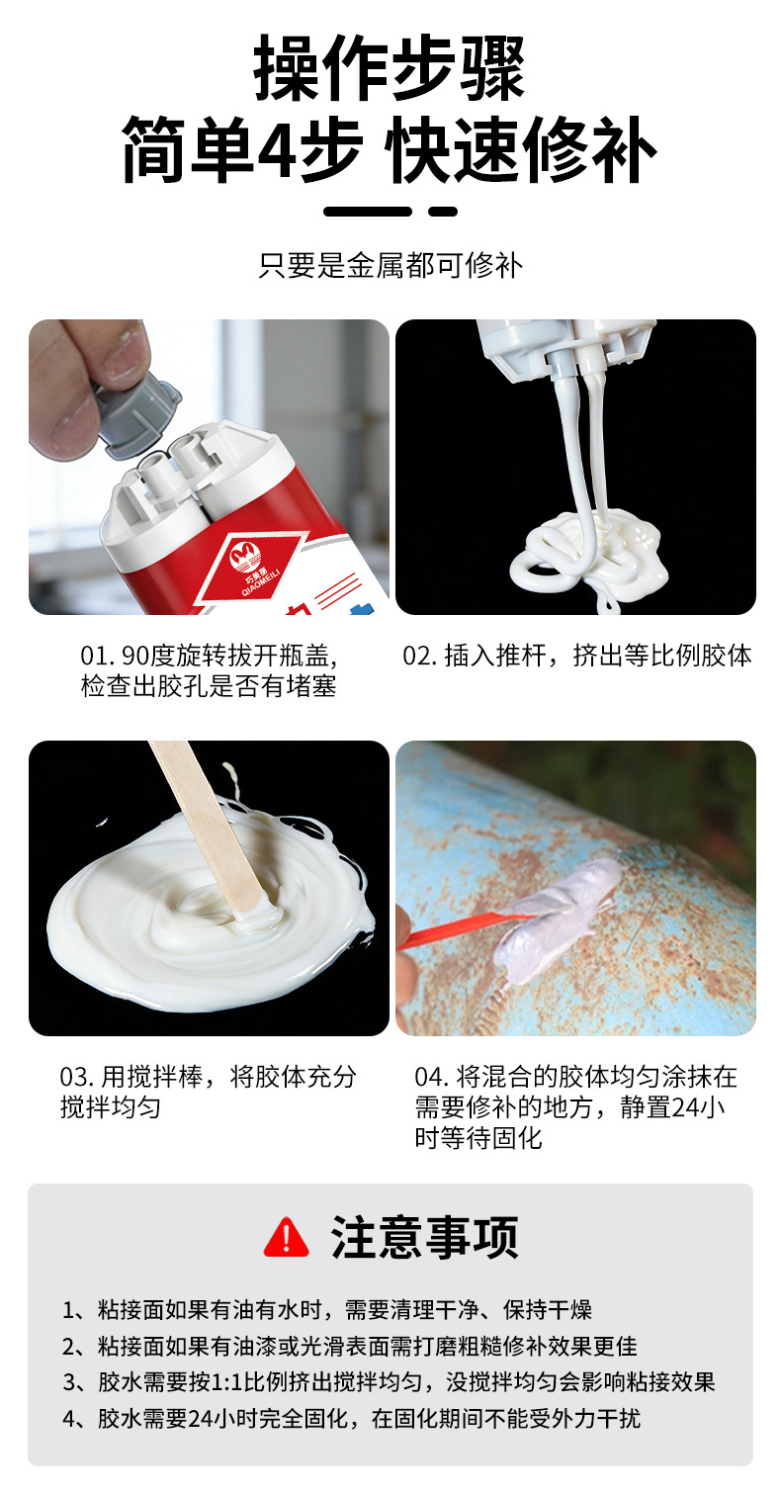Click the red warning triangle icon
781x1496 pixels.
(286, 1238)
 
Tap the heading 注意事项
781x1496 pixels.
(424, 1238)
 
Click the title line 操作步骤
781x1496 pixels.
(390, 68)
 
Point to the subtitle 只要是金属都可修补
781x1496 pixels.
(390, 265)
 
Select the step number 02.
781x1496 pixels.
(418, 657)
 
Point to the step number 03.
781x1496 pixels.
(75, 1077)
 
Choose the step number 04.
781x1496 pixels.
(431, 1077)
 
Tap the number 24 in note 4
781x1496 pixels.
(201, 1418)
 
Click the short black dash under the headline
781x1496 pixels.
(443, 212)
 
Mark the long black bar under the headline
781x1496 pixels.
(368, 212)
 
